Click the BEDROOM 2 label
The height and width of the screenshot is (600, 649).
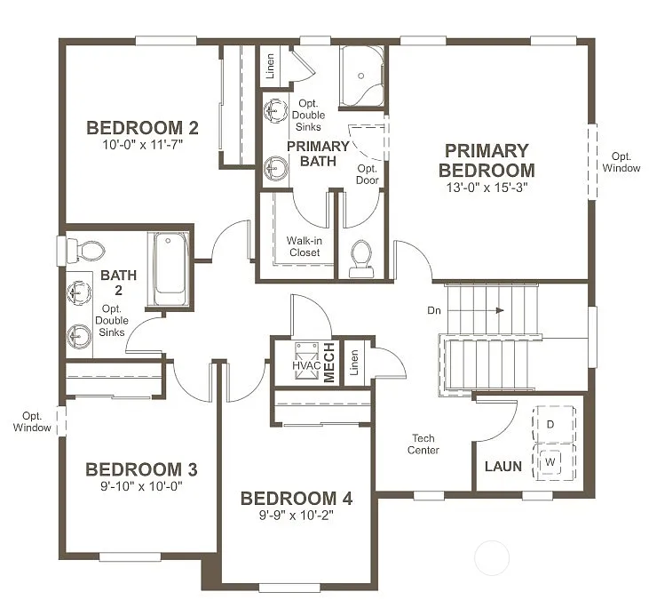[142, 127]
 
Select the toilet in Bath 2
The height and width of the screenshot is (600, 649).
[84, 248]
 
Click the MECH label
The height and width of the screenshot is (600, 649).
[328, 363]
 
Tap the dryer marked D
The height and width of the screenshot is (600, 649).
[550, 425]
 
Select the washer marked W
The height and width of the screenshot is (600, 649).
[550, 461]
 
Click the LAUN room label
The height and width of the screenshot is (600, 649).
[503, 467]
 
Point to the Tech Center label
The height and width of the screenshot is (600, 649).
[424, 444]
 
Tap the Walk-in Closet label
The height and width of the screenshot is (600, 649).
[304, 246]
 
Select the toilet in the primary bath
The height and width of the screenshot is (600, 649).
[360, 256]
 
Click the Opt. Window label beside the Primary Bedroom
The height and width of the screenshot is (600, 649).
[621, 162]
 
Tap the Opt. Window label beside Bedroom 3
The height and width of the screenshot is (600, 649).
[32, 422]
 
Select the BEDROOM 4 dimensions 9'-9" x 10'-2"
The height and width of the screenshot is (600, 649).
[297, 516]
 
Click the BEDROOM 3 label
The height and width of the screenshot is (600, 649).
[141, 469]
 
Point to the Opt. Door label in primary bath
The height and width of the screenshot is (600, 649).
[368, 174]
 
